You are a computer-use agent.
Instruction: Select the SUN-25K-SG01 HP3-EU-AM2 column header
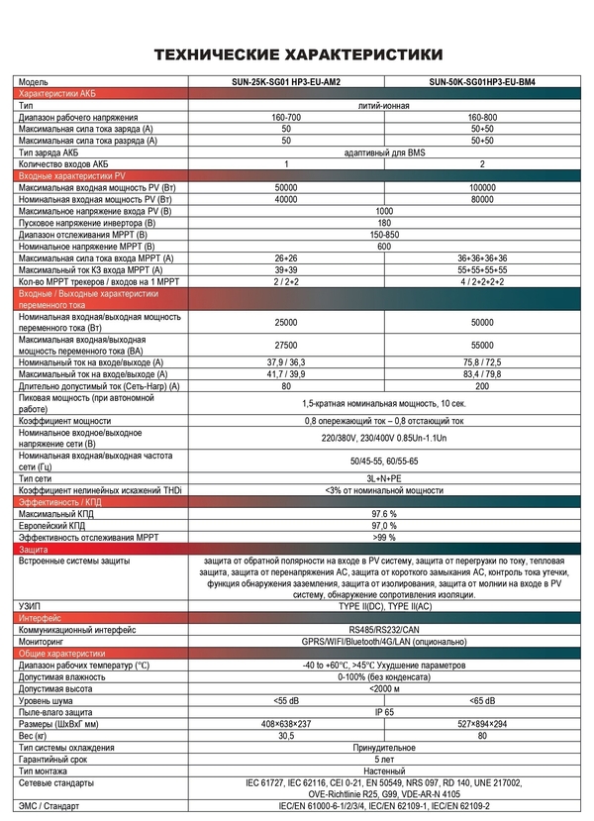click(285, 82)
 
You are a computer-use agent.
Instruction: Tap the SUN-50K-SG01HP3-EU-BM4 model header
click(482, 82)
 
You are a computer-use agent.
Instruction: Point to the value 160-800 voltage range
click(482, 118)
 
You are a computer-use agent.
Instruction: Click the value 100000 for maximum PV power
click(482, 187)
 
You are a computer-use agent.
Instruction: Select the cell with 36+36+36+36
click(482, 258)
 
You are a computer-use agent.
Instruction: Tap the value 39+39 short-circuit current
click(285, 270)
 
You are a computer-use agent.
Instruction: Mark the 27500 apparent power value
click(285, 345)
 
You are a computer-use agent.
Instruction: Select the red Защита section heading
click(35, 549)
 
